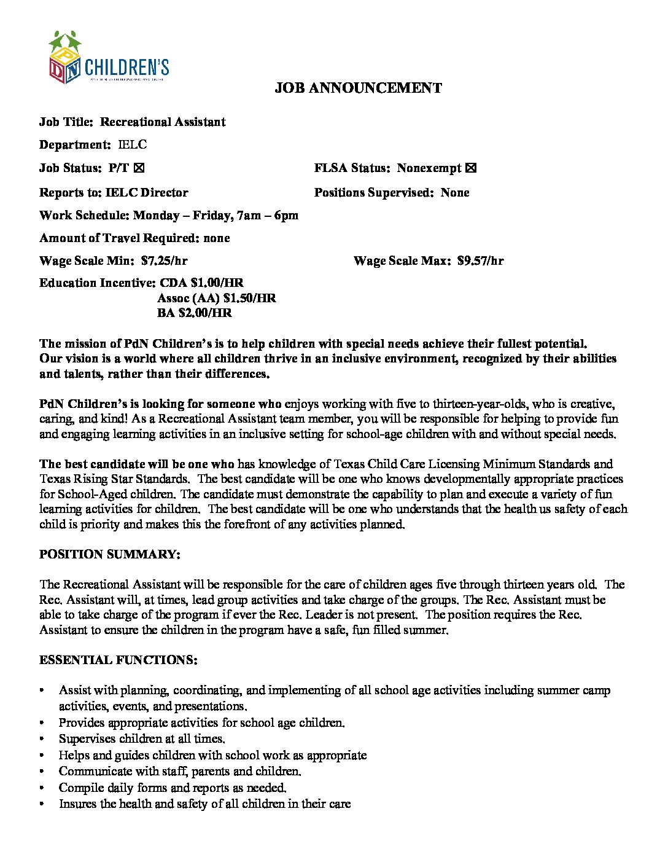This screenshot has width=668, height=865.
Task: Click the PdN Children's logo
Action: (x=108, y=58)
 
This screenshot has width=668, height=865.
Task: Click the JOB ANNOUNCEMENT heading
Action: (x=358, y=88)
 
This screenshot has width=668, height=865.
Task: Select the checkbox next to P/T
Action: (x=139, y=168)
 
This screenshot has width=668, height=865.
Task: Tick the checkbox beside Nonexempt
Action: (x=471, y=168)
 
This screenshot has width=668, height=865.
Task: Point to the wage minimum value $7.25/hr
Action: (x=164, y=260)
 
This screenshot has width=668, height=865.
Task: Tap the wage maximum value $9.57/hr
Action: (x=480, y=260)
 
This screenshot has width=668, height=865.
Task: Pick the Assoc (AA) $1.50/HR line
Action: (x=216, y=299)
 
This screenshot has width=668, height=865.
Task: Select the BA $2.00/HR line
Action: (x=194, y=313)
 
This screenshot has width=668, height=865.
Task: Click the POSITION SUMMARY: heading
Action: (x=109, y=554)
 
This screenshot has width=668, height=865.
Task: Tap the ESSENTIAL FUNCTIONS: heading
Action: (x=118, y=660)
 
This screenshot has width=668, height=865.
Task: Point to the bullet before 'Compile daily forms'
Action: (x=42, y=788)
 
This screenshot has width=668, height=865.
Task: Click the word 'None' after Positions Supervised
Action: (x=455, y=193)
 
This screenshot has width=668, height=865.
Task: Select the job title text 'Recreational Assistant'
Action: (x=163, y=122)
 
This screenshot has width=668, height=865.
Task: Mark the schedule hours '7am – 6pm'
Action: (x=268, y=216)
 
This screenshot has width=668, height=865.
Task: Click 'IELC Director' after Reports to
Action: (x=147, y=193)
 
